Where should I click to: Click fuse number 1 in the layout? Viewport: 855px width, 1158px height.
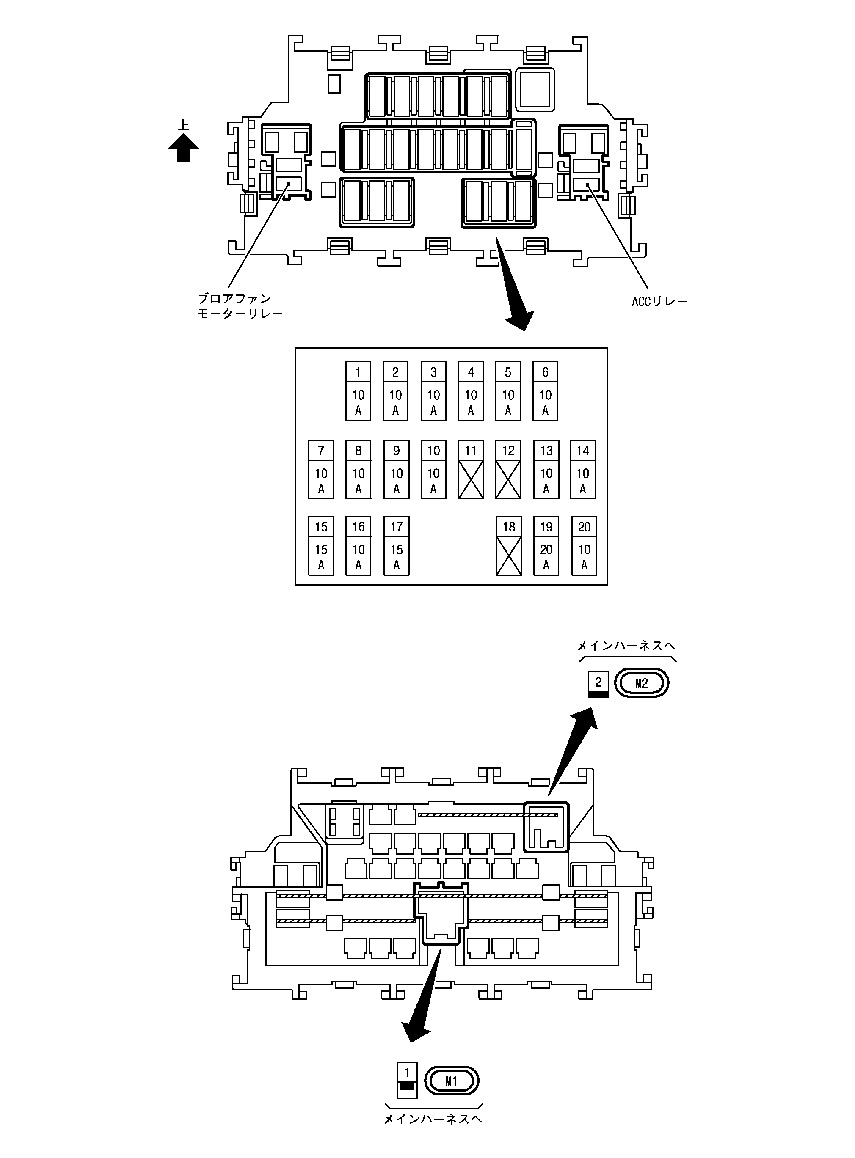point(358,391)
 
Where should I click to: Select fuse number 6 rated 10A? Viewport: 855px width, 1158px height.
point(545,391)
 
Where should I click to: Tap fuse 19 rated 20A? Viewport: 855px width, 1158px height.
point(546,546)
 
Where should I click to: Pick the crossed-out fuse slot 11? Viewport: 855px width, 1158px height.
point(471,469)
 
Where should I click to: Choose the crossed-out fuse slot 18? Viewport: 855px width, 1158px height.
point(509,546)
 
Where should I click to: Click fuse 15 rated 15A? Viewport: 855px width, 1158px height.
point(321,546)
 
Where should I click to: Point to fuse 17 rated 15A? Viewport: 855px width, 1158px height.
point(397,546)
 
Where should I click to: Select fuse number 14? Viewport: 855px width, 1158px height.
point(583,469)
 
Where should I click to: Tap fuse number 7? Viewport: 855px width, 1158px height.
point(321,469)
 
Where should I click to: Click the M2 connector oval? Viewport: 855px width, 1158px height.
point(641,683)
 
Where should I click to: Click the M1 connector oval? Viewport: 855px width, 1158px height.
point(451,1081)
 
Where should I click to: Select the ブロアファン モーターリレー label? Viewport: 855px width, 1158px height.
point(240,306)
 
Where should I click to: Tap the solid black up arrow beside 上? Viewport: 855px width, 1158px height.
point(183,148)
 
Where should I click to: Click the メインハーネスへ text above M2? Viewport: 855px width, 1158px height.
point(626,646)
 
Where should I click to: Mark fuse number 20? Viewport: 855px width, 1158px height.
point(584,546)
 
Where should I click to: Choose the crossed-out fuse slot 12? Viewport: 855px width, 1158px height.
point(508,469)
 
